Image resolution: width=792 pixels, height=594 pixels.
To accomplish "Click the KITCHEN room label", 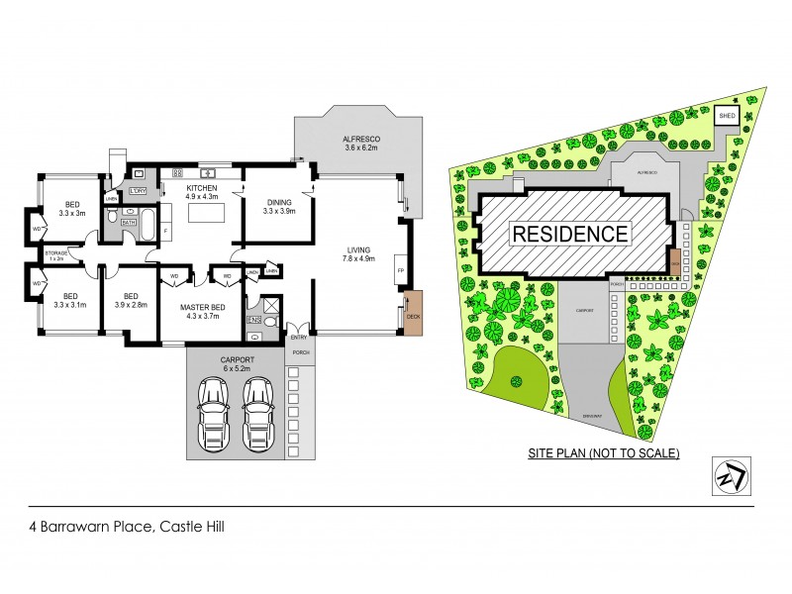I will (x=203, y=187).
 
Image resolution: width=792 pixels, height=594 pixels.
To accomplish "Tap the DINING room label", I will (x=279, y=202).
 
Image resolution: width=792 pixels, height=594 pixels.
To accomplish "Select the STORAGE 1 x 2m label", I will (x=55, y=254).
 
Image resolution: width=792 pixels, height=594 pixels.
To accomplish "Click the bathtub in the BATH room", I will (x=146, y=225).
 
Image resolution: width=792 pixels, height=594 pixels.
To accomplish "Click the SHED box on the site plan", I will (x=727, y=116).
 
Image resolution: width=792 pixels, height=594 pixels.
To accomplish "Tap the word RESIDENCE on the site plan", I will (x=569, y=234).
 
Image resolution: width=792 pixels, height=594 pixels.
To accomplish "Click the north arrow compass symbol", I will (x=731, y=474).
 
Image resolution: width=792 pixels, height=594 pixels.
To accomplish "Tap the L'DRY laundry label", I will (x=139, y=190).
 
